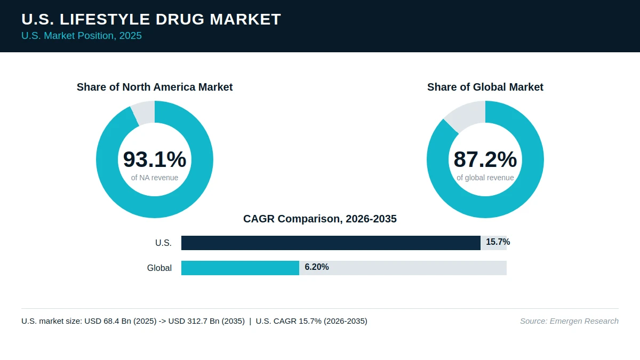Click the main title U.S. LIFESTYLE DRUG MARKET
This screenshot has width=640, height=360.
point(151,19)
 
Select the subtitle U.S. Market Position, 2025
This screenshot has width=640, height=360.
point(82,36)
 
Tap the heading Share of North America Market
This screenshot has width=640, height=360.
point(155,87)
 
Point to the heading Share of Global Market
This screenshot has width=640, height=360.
point(485,87)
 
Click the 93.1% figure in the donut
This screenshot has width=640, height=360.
point(155,159)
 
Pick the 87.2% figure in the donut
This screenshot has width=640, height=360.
point(485,159)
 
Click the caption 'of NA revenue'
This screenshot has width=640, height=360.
point(155,178)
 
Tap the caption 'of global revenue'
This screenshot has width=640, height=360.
point(485,178)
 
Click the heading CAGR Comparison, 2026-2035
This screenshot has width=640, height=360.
point(319,219)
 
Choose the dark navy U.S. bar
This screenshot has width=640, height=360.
point(331,243)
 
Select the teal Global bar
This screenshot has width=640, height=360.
point(241,268)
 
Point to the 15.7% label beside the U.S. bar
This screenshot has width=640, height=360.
point(498,242)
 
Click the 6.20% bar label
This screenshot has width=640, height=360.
point(317,267)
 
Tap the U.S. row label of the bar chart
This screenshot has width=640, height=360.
point(163,243)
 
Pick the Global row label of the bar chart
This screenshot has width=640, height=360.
point(159,268)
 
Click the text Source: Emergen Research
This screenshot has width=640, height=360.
point(569,321)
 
